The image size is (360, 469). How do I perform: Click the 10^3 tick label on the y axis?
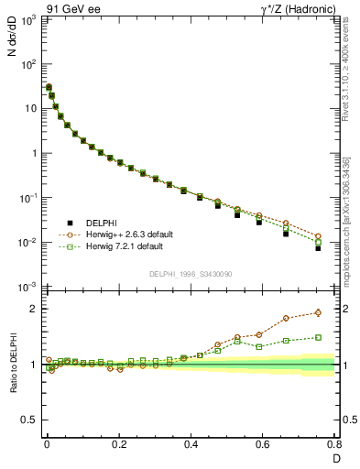[x=29, y=19]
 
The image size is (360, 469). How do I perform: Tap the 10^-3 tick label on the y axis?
[x=27, y=288]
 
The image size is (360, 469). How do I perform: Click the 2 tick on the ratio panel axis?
[x=34, y=309]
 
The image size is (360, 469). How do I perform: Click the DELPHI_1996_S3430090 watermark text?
[x=190, y=275]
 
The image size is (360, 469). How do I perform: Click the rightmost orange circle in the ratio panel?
[x=318, y=312]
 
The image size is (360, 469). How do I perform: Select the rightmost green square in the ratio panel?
[x=318, y=337]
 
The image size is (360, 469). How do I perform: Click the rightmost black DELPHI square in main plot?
[x=318, y=248]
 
